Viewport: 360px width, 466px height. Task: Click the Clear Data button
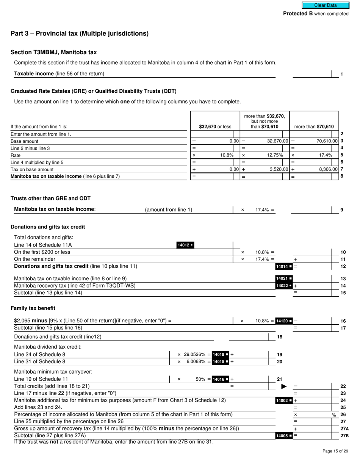click(x=325, y=5)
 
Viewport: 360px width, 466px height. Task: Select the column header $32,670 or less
click(x=215, y=127)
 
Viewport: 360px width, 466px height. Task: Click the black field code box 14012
click(x=185, y=245)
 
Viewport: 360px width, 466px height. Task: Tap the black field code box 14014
click(x=284, y=266)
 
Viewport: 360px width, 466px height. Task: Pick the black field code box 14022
click(x=284, y=286)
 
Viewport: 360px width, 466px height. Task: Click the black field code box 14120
click(x=284, y=321)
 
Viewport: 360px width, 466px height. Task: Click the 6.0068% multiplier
click(x=196, y=362)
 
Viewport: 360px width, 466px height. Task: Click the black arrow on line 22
click(x=283, y=386)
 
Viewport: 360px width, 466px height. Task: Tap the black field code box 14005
click(x=284, y=436)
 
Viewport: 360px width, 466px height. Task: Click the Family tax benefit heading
click(x=33, y=308)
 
